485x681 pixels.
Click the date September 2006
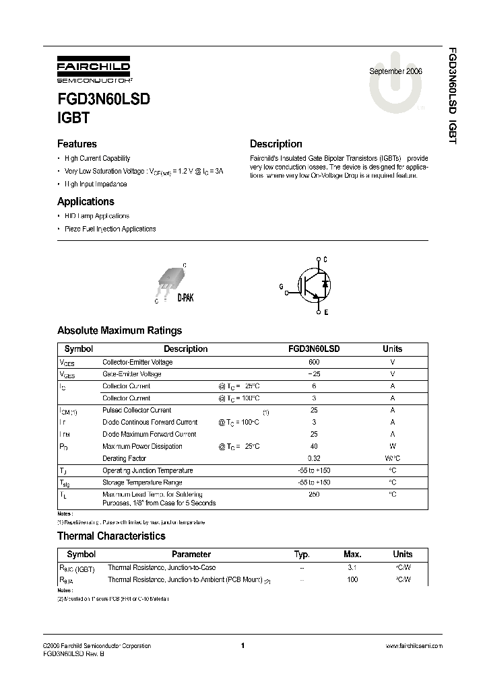click(x=395, y=71)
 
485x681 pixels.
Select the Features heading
click(x=77, y=144)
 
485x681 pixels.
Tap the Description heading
click(x=276, y=144)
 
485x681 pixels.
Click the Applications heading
click(x=86, y=201)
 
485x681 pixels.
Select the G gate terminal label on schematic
click(x=282, y=287)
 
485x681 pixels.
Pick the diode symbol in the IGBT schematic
click(x=325, y=284)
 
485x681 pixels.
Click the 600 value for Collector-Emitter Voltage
click(x=314, y=362)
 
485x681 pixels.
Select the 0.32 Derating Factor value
click(x=314, y=458)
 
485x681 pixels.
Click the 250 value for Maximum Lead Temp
click(x=314, y=495)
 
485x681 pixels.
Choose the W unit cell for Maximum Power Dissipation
click(x=392, y=446)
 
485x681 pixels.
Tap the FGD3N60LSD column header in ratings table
click(x=314, y=349)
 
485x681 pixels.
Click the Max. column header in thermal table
click(x=352, y=554)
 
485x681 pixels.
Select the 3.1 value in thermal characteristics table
click(x=351, y=567)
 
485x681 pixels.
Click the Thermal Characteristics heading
click(x=111, y=536)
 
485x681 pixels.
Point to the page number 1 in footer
click(x=242, y=646)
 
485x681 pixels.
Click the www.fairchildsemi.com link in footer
click(x=414, y=646)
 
